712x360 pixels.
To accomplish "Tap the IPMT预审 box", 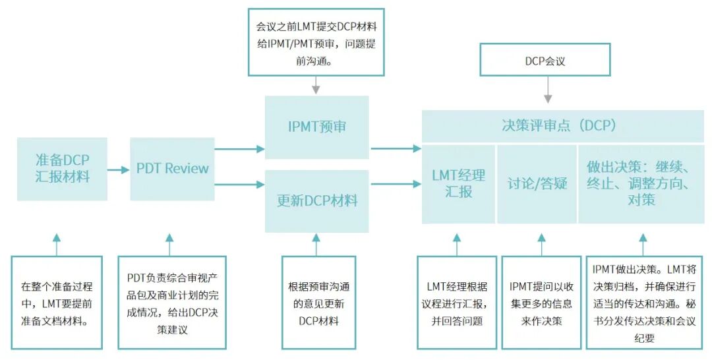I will (316, 127).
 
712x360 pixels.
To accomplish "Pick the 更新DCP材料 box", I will (316, 200).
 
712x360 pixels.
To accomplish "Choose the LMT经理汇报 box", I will (458, 183).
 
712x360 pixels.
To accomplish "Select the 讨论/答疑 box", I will (537, 183).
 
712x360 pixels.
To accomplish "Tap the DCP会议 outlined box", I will (545, 61).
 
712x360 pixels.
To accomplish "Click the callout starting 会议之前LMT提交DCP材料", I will (316, 42).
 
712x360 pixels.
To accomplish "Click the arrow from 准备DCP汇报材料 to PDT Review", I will (119, 169).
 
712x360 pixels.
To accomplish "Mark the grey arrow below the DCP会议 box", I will (547, 90).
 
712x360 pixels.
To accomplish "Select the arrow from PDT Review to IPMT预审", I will (239, 149).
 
